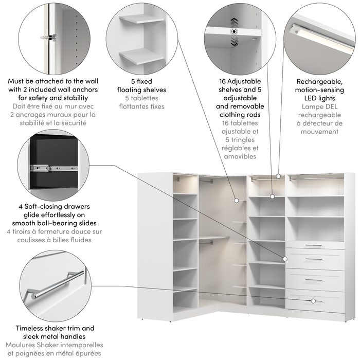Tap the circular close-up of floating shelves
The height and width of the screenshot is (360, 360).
click(x=141, y=39)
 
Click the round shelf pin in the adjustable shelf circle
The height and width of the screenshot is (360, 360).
click(x=235, y=32)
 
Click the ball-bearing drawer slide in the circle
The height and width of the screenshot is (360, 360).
click(x=47, y=168)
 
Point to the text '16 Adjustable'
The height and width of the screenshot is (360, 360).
click(x=240, y=81)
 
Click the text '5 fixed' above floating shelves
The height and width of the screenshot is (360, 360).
click(x=141, y=81)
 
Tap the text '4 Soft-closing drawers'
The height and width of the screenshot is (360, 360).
click(x=54, y=208)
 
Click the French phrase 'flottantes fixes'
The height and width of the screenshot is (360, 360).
click(x=141, y=106)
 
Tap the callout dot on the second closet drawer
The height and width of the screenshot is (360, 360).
click(x=284, y=258)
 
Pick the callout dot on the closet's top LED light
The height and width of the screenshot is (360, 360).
click(x=278, y=176)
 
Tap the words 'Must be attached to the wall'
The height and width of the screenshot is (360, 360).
click(x=53, y=81)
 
